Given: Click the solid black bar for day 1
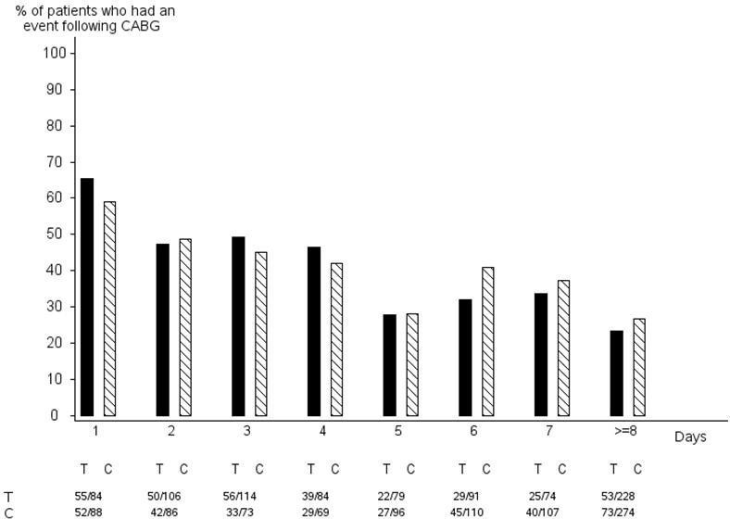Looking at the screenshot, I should [x=87, y=297].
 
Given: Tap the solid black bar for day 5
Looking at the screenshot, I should [x=389, y=365].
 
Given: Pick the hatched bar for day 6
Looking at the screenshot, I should [x=487, y=342].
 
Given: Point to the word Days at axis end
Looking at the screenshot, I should [x=690, y=437].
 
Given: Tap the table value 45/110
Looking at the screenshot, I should [x=474, y=513].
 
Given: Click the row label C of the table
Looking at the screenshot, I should [x=9, y=513].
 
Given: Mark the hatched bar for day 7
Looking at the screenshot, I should [x=563, y=348].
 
